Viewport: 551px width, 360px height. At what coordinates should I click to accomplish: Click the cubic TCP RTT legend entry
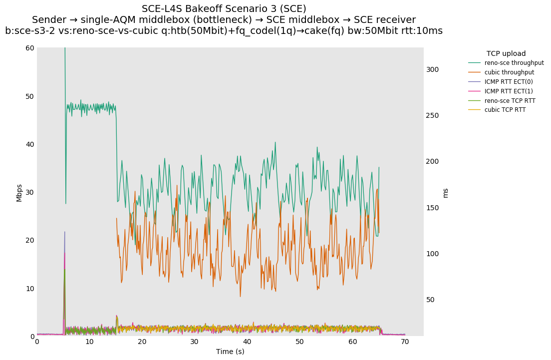(505, 110)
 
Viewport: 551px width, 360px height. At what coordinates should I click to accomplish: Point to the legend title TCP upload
(506, 53)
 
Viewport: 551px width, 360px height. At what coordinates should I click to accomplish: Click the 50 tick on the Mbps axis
(30, 96)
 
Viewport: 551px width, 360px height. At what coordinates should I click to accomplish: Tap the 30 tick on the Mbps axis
(30, 192)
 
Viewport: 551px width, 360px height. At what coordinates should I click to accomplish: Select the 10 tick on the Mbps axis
(30, 289)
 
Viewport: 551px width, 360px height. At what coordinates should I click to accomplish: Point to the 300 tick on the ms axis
(432, 69)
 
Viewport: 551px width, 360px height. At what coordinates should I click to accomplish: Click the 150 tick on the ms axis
(432, 208)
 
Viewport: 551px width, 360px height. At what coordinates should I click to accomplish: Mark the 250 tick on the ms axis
(432, 115)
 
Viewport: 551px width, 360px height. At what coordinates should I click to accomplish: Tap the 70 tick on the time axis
(405, 342)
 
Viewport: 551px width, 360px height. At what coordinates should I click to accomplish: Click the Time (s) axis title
(230, 352)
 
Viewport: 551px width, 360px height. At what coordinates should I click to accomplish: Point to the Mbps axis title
(19, 192)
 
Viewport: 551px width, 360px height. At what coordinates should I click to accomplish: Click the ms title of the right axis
(445, 192)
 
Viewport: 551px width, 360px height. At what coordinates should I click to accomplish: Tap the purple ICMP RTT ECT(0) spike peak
(64, 232)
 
